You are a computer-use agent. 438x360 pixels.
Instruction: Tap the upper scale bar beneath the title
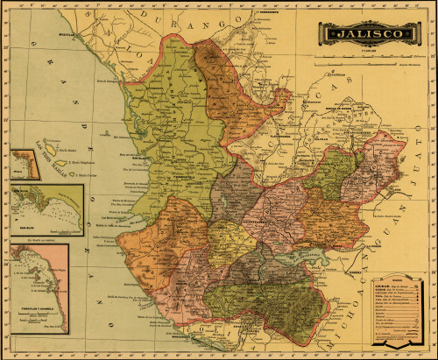(368, 55)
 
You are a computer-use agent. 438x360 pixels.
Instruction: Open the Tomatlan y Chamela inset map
(39, 288)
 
